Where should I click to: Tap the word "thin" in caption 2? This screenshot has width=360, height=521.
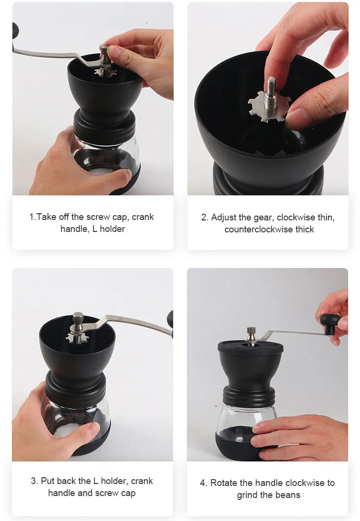326,218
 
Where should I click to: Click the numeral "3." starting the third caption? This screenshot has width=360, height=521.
35,481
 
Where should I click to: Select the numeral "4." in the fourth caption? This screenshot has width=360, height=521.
204,483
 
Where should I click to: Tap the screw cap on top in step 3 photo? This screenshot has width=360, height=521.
78,318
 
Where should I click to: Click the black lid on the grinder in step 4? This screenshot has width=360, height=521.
251,347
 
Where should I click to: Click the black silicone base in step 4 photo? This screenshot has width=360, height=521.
239,444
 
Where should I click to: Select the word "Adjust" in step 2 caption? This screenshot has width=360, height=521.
224,218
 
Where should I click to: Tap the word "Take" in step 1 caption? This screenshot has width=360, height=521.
47,217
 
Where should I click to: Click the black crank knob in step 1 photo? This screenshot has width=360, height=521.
15,31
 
